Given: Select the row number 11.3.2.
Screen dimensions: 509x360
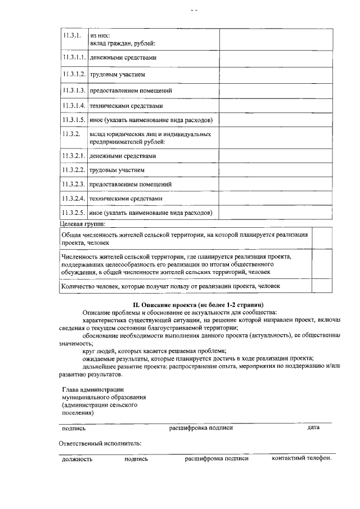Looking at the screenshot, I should click(71, 134).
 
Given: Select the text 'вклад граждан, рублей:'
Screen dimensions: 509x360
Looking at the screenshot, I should click(123, 43).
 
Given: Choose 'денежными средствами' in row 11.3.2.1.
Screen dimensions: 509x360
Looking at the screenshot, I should click(123, 156).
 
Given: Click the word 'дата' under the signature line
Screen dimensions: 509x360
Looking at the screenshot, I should click(313, 427).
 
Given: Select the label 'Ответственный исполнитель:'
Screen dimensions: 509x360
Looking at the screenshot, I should click(100, 443).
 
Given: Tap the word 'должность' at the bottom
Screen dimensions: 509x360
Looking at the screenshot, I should click(77, 459).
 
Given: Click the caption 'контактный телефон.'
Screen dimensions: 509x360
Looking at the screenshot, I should click(301, 458).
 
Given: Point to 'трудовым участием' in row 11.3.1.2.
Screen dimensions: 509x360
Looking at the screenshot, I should click(117, 74).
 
